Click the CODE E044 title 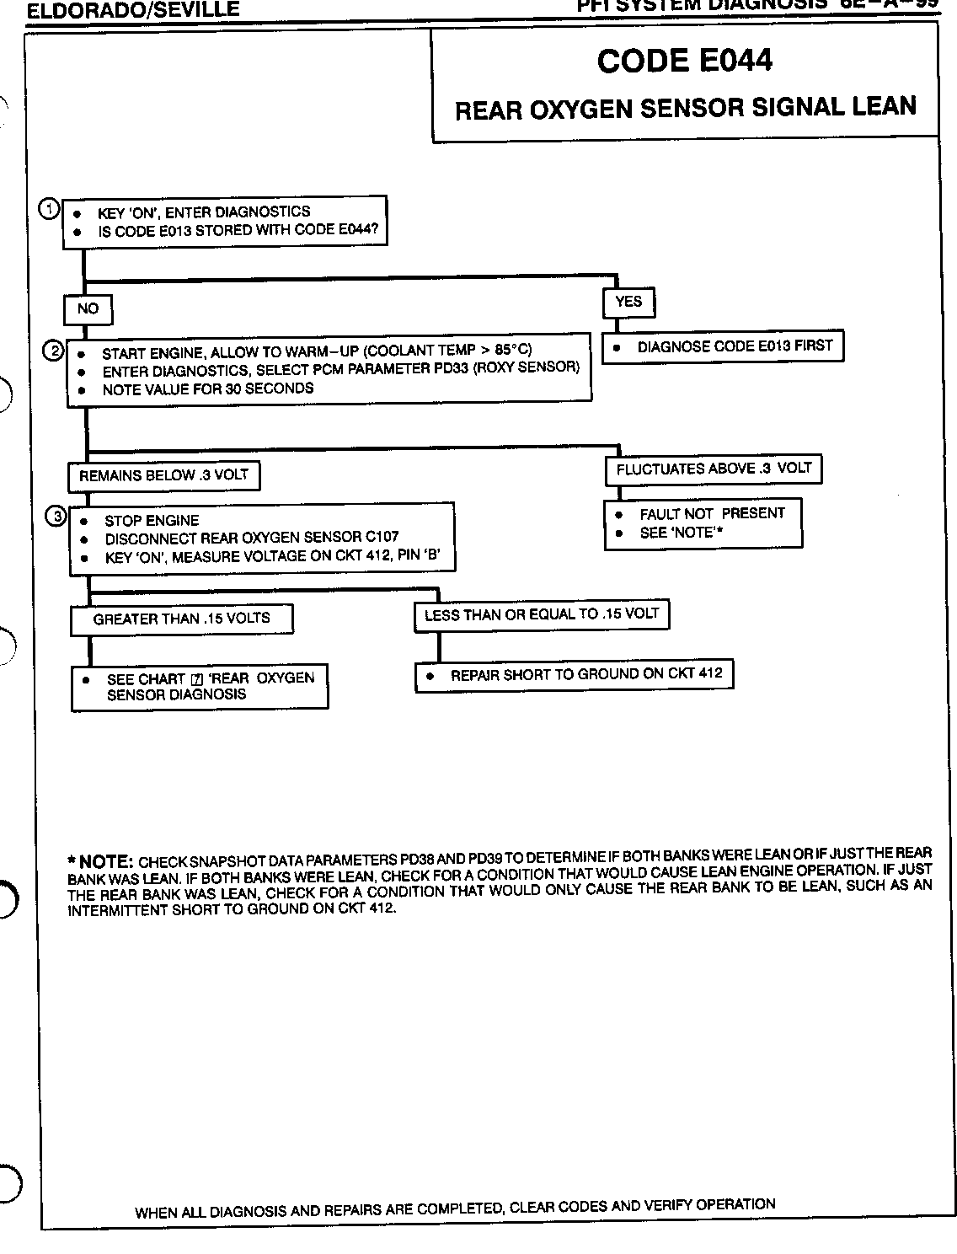[x=684, y=61]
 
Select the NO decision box [x=88, y=309]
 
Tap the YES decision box [x=628, y=302]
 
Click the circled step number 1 [x=50, y=209]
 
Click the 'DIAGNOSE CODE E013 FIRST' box [x=724, y=346]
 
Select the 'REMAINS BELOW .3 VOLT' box [x=163, y=475]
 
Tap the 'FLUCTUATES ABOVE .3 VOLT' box [x=713, y=469]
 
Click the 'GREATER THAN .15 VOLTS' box [x=181, y=619]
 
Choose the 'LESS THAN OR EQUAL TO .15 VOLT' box [x=541, y=614]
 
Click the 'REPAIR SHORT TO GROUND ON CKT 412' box [x=574, y=675]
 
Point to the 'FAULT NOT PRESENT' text [x=712, y=513]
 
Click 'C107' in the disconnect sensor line [x=382, y=537]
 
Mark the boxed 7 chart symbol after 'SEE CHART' [x=197, y=679]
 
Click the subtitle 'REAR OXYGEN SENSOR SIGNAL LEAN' [x=685, y=108]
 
